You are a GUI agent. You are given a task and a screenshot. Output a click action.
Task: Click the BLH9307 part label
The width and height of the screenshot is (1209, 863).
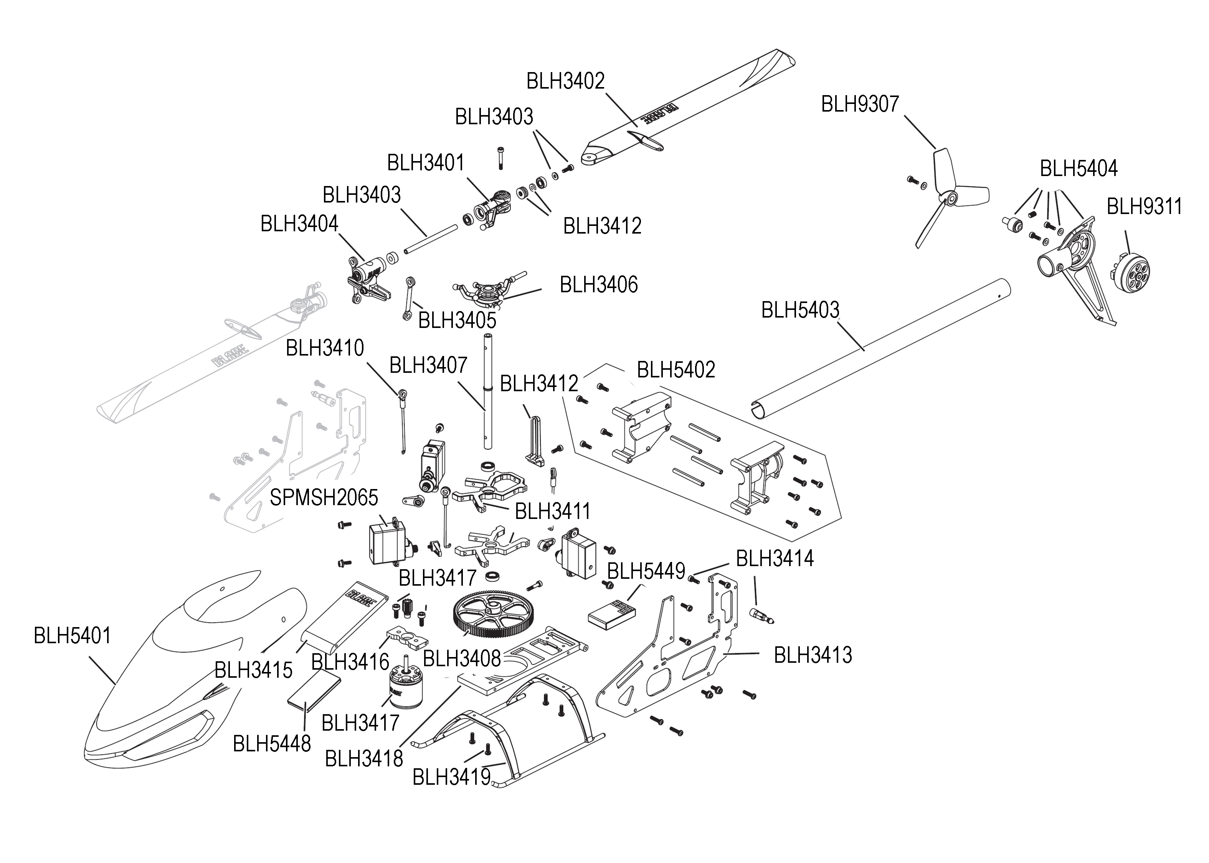[x=860, y=104]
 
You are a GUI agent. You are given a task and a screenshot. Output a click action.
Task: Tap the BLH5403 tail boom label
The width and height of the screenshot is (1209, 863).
[x=800, y=310]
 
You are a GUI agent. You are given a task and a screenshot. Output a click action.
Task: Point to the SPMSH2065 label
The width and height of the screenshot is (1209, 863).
[x=324, y=498]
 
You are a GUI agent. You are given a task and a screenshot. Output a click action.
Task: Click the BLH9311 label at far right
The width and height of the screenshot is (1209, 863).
[x=1144, y=207]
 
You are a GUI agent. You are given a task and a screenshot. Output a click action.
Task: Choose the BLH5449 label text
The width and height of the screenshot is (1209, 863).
[x=646, y=571]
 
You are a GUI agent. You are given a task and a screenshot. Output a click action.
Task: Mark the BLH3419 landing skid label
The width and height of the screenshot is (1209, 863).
[x=451, y=777]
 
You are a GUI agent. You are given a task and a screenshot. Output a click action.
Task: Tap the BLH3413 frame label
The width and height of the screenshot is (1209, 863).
[x=813, y=655]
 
